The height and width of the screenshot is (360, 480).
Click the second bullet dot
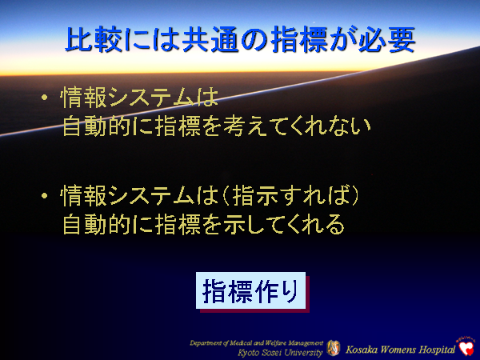coord(46,196)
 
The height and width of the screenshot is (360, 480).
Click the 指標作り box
coord(251,292)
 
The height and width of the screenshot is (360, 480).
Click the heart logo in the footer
coord(466,347)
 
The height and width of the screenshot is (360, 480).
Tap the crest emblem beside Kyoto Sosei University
coord(334,348)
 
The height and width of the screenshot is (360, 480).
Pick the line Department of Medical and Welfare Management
coord(257,342)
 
